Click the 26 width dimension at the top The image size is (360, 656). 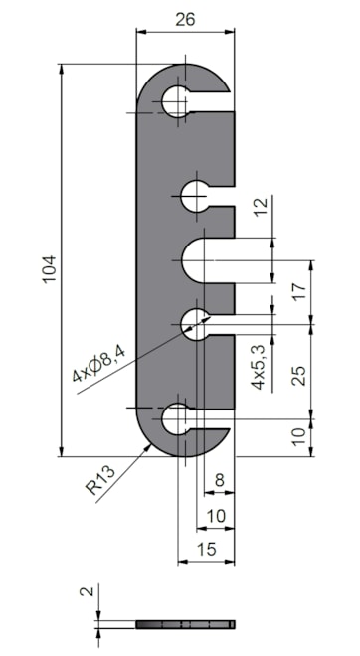pos(185,19)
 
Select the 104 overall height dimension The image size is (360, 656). pos(49,269)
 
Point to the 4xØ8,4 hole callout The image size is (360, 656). pos(98,362)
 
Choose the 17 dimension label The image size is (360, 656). pos(299,291)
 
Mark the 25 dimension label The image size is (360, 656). pos(299,376)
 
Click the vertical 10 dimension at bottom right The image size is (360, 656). pos(299,437)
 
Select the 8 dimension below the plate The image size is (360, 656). pos(219,480)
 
